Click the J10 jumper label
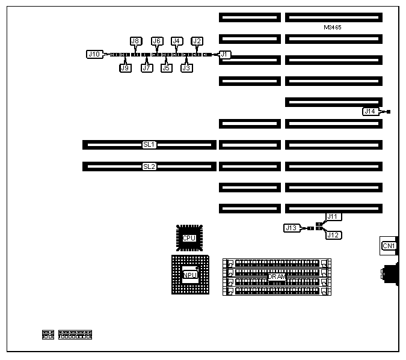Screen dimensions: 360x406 click(94, 54)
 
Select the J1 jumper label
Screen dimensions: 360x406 click(224, 54)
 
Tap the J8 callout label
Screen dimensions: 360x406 click(135, 41)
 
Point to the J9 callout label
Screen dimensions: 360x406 click(125, 68)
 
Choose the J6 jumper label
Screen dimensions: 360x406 click(157, 41)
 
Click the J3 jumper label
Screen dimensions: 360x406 click(186, 68)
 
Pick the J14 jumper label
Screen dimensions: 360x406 click(370, 111)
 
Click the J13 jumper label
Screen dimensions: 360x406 click(292, 228)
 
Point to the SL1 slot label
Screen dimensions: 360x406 click(149, 144)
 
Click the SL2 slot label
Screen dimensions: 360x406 click(149, 166)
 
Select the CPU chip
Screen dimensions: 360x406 click(189, 238)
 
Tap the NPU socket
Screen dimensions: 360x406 click(189, 275)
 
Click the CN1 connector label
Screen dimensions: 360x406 click(389, 245)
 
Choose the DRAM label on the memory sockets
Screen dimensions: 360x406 click(277, 276)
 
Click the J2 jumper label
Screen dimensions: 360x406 click(197, 41)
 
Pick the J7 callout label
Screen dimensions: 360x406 click(146, 68)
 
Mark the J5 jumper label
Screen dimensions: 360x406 click(166, 68)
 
